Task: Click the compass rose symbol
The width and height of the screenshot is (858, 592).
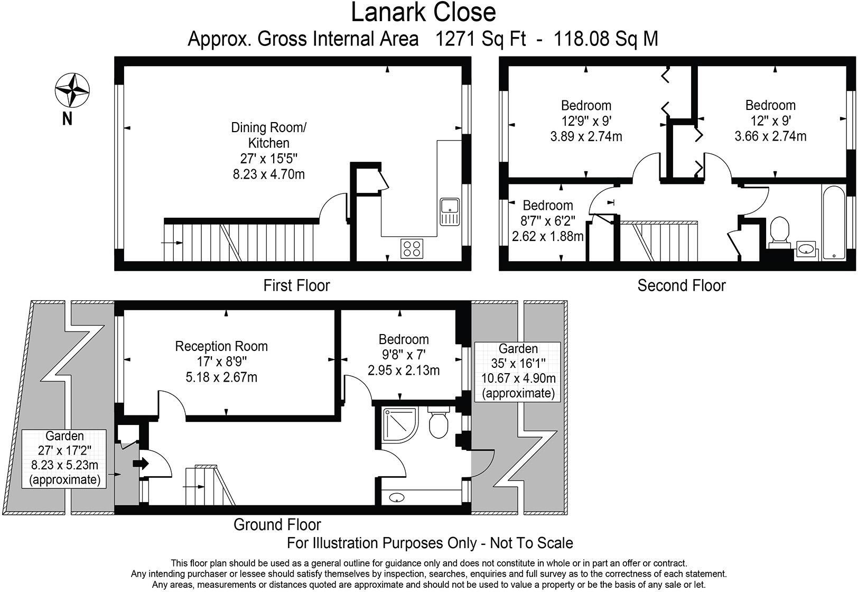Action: (72, 89)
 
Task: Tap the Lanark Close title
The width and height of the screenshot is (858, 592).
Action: (423, 13)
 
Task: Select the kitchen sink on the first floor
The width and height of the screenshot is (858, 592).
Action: (450, 211)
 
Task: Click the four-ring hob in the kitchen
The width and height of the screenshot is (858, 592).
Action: (412, 248)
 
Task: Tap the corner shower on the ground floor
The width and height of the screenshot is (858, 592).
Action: (398, 425)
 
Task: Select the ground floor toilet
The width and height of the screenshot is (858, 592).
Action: (439, 422)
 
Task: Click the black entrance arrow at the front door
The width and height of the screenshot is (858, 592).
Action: (141, 464)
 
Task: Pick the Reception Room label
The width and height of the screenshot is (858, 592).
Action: (221, 346)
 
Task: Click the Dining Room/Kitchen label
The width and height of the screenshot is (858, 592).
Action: (269, 135)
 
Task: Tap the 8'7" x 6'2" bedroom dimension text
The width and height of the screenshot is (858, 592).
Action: (548, 220)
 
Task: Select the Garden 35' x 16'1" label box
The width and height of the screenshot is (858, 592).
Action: (518, 371)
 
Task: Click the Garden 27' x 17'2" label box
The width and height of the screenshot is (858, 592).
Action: (64, 458)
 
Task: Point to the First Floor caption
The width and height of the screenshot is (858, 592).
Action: (296, 285)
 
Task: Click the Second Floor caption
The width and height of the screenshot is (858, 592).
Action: (681, 285)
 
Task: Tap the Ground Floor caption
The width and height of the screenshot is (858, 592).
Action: (277, 524)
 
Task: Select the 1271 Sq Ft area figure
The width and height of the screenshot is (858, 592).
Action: (480, 39)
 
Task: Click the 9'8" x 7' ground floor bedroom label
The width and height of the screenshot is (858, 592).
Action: (404, 355)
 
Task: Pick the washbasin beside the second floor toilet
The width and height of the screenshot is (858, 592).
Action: (806, 248)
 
